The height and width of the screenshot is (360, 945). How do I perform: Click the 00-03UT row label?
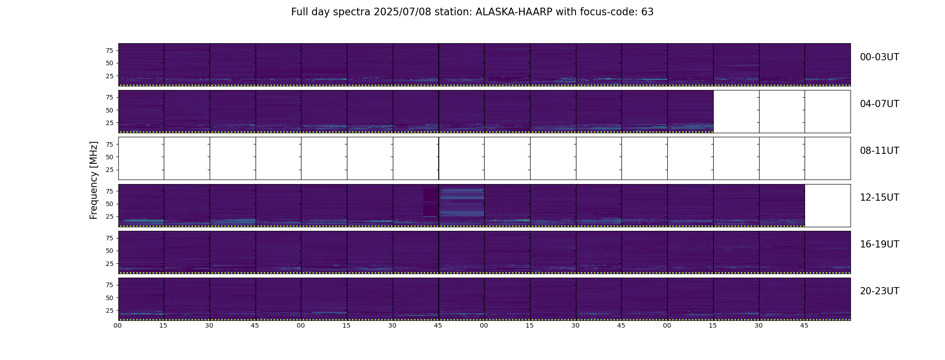[879, 57]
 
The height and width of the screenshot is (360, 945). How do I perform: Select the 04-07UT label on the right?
[879, 104]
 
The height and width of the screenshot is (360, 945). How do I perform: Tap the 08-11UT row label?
[879, 151]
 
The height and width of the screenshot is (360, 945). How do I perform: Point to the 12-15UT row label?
[879, 198]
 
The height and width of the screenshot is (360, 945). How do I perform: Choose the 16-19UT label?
[879, 244]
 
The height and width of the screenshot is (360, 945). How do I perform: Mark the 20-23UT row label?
[879, 291]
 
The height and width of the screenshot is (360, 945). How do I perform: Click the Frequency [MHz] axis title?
[94, 180]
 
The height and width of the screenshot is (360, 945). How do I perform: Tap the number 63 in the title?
[648, 12]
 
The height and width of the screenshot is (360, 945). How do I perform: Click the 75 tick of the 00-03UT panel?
[109, 50]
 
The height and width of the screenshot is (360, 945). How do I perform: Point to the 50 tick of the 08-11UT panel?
[109, 157]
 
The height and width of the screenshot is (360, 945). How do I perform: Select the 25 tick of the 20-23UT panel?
[109, 310]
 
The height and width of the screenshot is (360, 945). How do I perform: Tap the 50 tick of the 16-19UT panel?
[109, 251]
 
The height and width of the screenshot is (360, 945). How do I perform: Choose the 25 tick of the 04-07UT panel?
[109, 123]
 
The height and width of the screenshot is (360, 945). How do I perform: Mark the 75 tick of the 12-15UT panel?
[109, 191]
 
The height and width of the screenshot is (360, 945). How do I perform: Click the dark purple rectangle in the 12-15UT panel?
[430, 202]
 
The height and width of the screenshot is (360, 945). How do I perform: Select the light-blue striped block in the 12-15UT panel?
[462, 203]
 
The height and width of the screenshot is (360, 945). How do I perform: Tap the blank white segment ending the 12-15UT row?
[828, 206]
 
